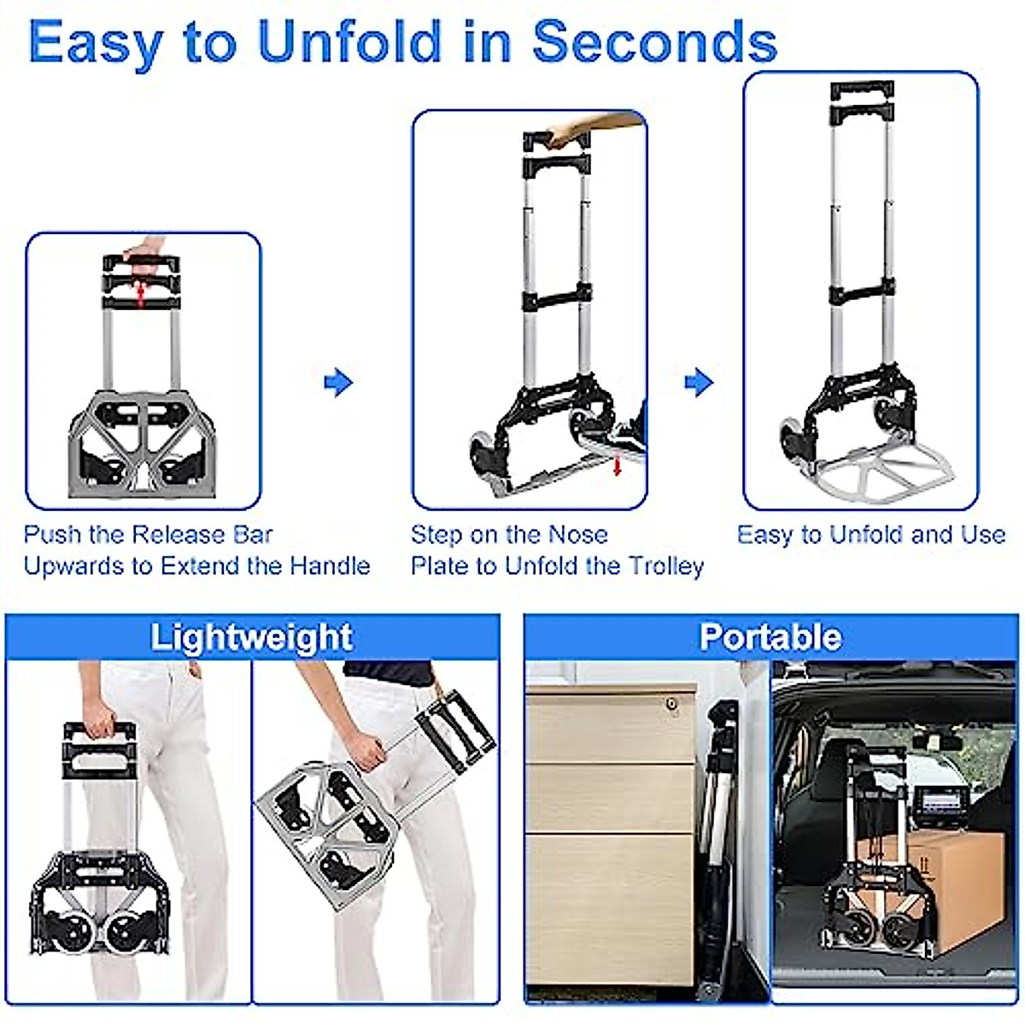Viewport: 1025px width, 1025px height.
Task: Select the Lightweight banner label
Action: coord(252,638)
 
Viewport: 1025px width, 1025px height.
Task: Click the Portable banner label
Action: coord(770,637)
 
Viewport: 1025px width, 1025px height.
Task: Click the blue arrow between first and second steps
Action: coord(338,382)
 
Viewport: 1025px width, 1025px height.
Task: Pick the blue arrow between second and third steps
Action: coord(699,382)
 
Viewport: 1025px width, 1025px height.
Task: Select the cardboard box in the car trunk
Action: coord(957,888)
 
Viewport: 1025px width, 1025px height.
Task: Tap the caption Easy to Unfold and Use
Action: coord(871,536)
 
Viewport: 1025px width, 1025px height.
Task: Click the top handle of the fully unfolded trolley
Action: coord(861,90)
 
